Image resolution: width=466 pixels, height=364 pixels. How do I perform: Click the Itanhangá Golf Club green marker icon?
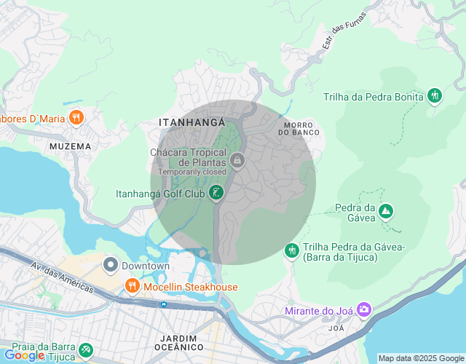tap(216, 193)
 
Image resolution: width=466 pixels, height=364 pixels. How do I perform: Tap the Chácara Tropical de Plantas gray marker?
tap(236, 159)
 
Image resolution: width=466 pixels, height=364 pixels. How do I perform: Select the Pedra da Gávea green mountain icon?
tap(385, 212)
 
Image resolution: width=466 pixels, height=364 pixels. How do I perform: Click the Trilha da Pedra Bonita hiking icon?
tap(435, 95)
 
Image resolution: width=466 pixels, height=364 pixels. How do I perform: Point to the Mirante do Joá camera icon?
tap(363, 311)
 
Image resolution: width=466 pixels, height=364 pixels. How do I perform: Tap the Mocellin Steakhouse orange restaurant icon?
tap(132, 286)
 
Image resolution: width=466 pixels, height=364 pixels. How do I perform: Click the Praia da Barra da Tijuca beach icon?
tap(86, 350)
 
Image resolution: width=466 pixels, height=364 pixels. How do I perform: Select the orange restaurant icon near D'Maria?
tap(76, 118)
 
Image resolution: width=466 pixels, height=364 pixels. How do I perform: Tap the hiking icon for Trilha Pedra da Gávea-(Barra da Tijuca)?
tap(291, 250)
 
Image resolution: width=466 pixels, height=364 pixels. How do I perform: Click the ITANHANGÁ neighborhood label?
tap(192, 123)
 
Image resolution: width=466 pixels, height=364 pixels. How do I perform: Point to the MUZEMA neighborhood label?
tap(71, 146)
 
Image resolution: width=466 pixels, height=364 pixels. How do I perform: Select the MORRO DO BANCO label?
tap(299, 129)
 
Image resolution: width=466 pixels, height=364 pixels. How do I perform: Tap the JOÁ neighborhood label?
tap(336, 328)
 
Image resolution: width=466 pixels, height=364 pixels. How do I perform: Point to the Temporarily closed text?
tap(191, 172)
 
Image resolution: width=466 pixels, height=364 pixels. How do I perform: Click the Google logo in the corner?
tap(23, 355)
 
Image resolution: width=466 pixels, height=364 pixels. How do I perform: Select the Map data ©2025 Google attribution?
tap(421, 358)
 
